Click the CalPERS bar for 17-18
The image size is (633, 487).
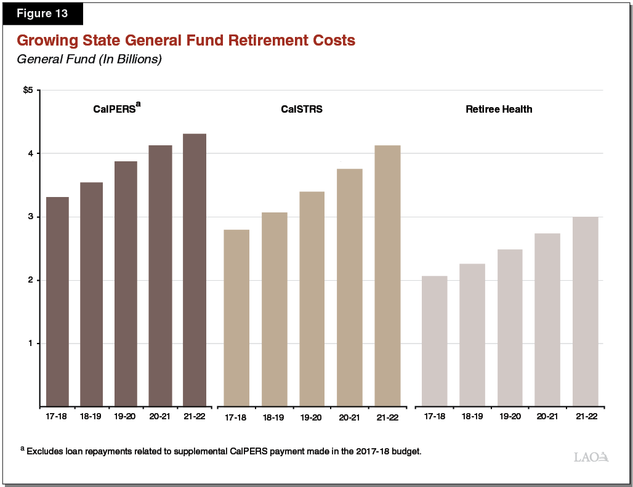pos(57,302)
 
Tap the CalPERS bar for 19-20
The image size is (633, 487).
pos(126,283)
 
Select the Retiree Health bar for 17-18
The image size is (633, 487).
pos(434,341)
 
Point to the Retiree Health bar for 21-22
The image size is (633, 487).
pos(585,312)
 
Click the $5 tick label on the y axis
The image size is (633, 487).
pos(28,91)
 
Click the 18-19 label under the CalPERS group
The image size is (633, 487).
pos(91,416)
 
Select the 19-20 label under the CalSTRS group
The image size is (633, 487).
pos(312,417)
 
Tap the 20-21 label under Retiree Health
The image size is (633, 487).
pos(547,416)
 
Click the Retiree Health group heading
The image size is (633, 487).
pos(499,110)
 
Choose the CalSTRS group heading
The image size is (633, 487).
pos(302,110)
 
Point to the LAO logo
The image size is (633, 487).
pos(591,457)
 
